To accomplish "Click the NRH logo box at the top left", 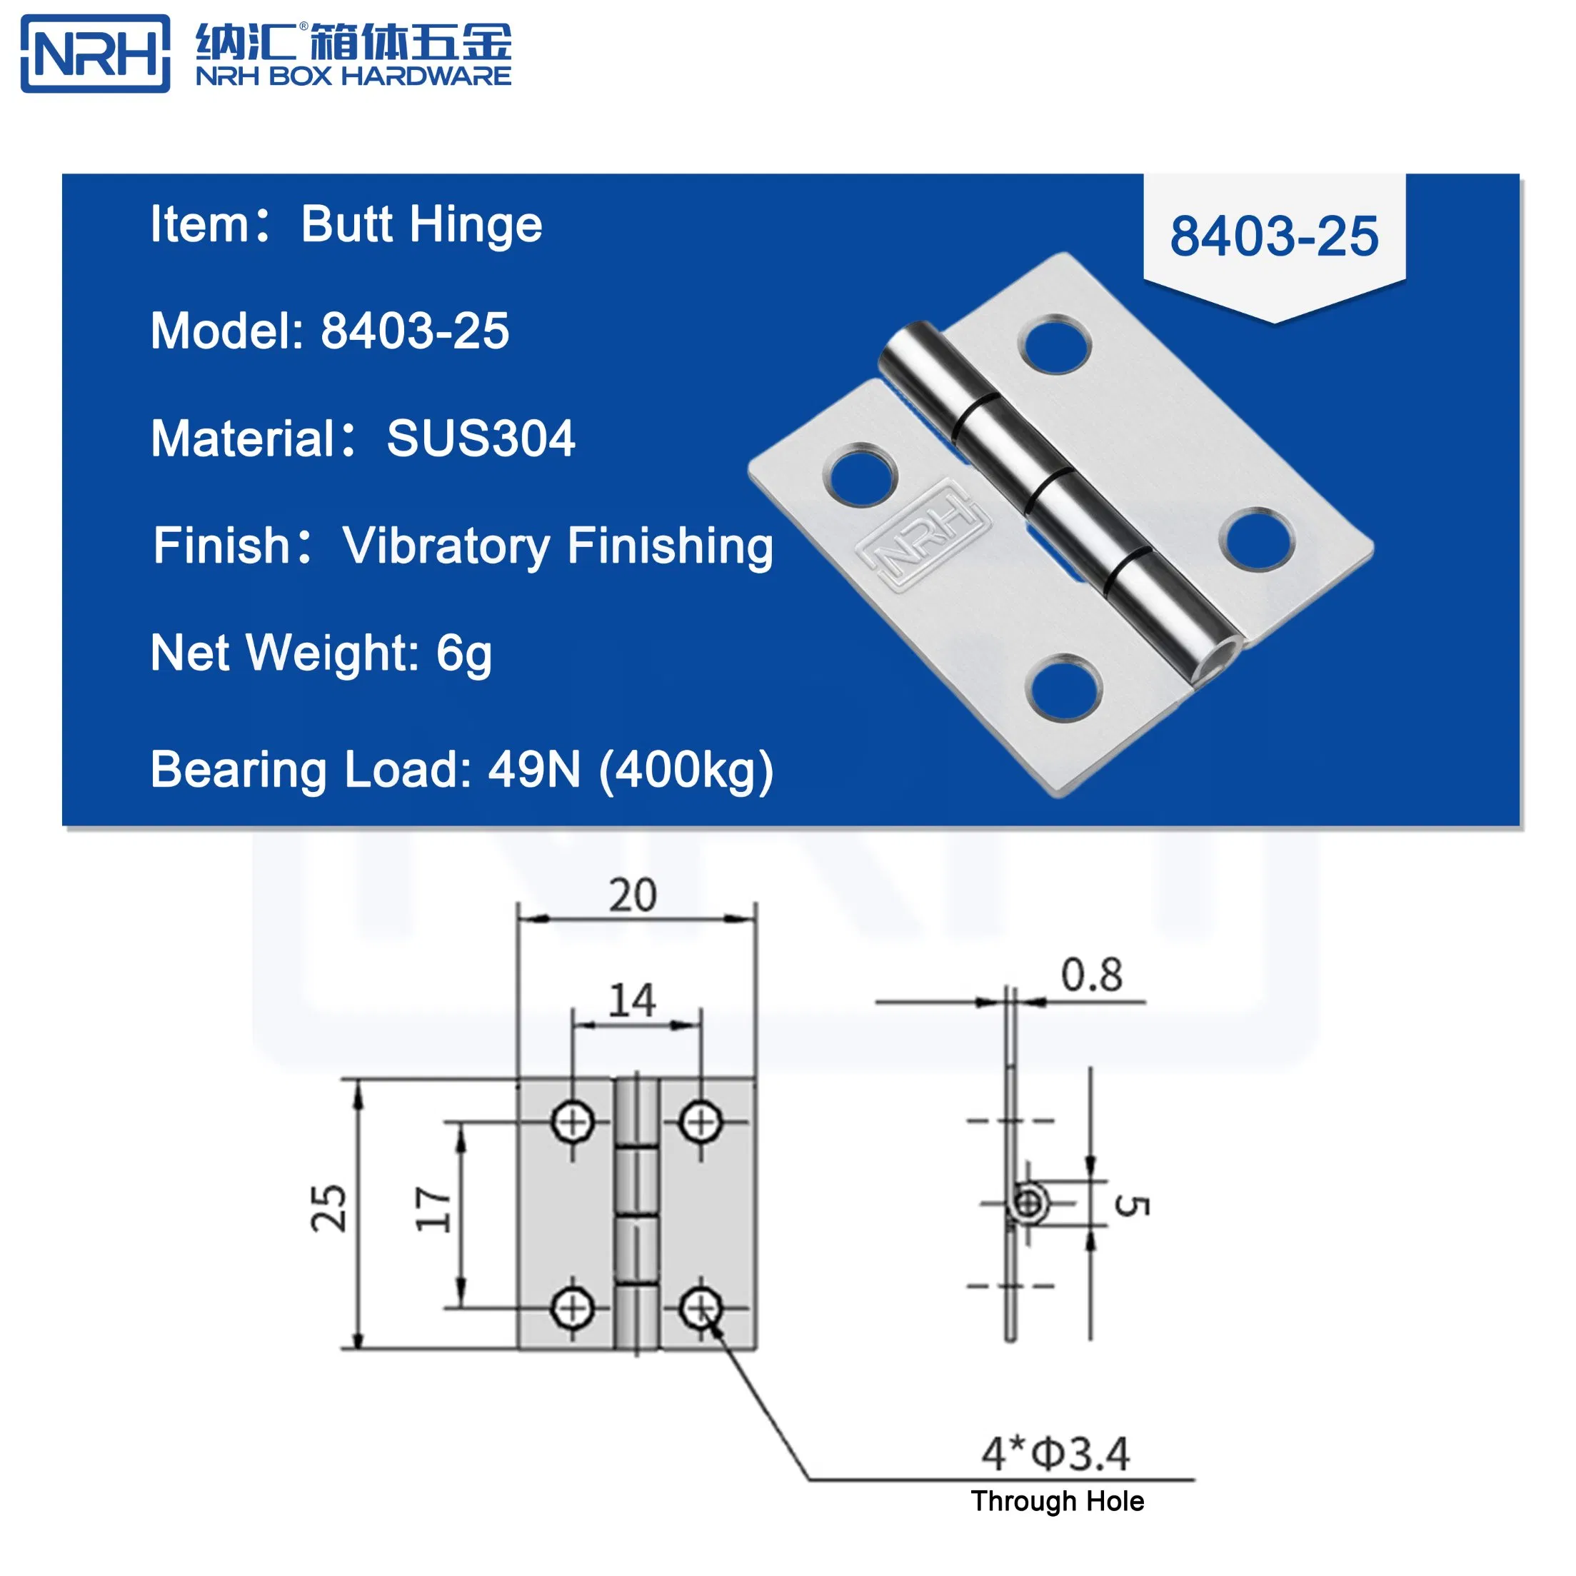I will tap(95, 54).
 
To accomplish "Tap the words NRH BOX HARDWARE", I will tap(353, 76).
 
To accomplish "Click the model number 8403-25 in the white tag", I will tap(1273, 236).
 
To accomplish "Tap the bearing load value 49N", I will tap(534, 769).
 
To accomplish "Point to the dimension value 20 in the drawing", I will tap(632, 895).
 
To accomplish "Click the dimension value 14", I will tap(632, 1000).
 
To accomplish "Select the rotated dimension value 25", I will tap(328, 1208).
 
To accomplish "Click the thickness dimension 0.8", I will tap(1090, 975).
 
